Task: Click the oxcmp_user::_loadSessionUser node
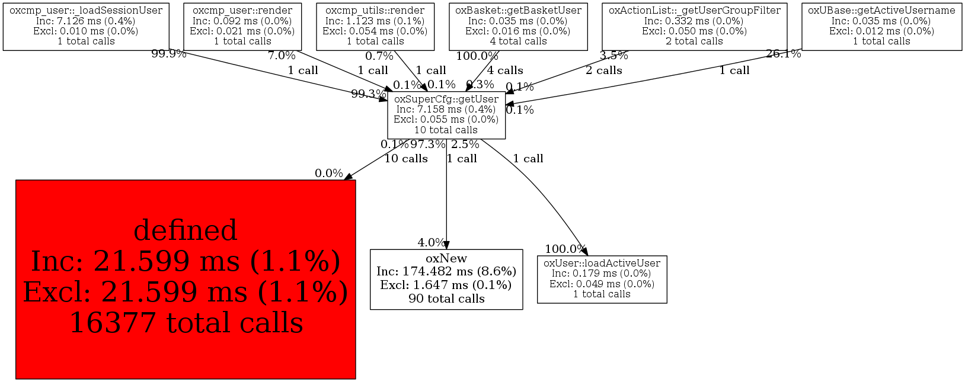[x=86, y=26]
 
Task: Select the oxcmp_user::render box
[x=242, y=26]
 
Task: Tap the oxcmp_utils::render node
[x=375, y=26]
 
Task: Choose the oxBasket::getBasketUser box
[x=518, y=26]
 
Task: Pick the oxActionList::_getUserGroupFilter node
[x=694, y=26]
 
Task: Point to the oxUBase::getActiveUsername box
[x=881, y=26]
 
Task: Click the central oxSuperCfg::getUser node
[x=446, y=115]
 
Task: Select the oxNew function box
[x=446, y=279]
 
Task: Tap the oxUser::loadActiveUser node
[x=602, y=279]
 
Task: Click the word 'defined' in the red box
[x=186, y=230]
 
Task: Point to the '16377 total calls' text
[x=186, y=323]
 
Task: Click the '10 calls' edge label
[x=406, y=159]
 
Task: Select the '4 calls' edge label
[x=505, y=70]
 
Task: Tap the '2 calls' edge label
[x=604, y=70]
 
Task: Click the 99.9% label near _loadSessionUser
[x=169, y=54]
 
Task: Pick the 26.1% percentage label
[x=784, y=54]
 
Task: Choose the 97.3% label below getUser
[x=428, y=145]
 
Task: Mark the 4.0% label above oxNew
[x=432, y=243]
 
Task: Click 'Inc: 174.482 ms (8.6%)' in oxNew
[x=446, y=272]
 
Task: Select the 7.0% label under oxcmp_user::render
[x=282, y=56]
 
